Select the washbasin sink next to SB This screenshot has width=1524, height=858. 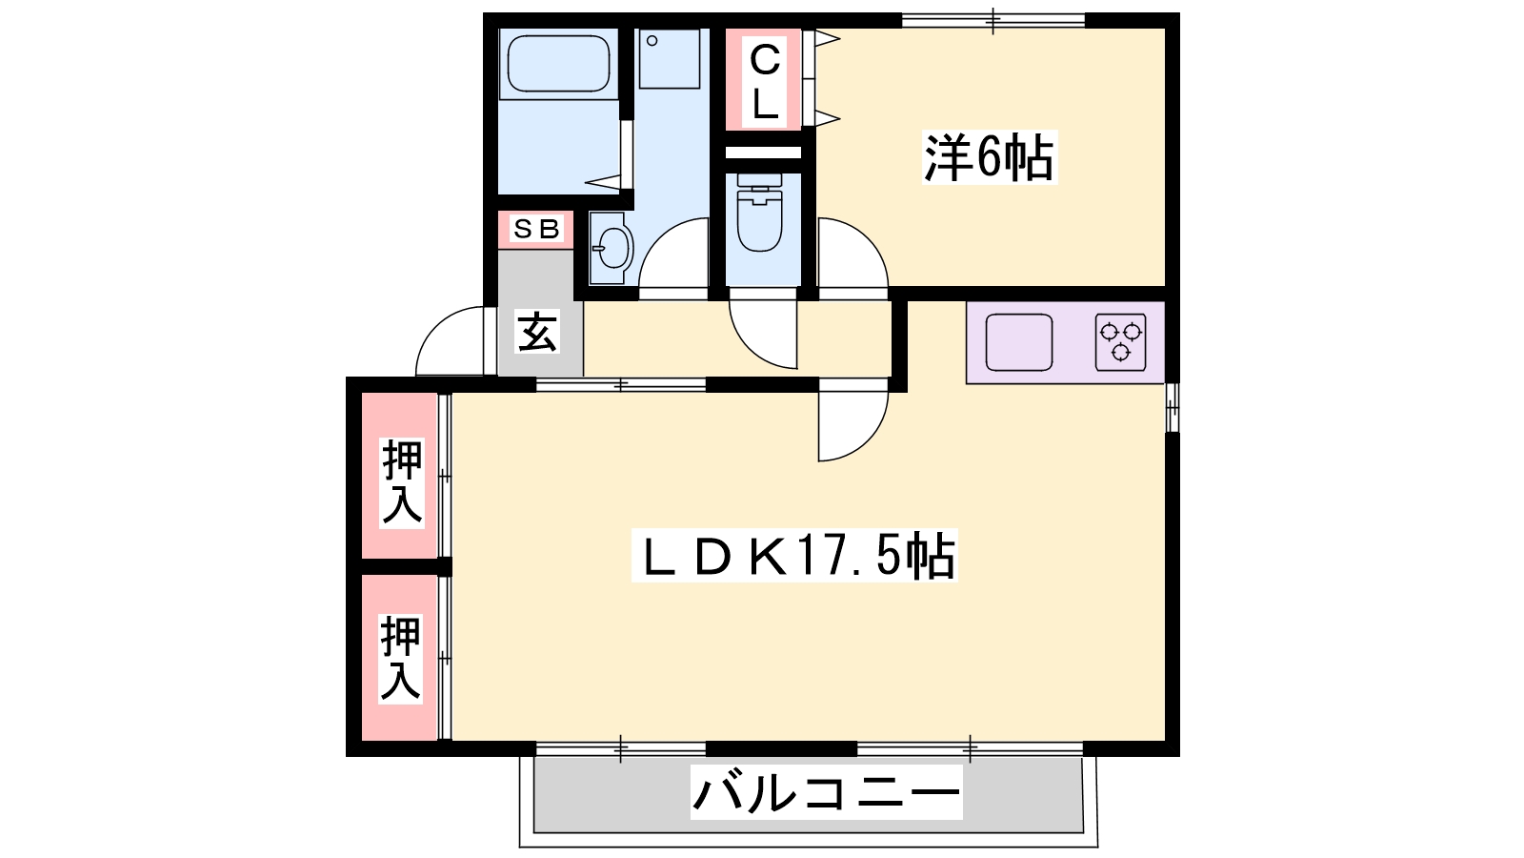click(610, 248)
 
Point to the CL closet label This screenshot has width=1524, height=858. click(764, 82)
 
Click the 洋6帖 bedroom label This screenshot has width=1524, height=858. click(989, 159)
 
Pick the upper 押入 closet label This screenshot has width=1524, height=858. click(401, 481)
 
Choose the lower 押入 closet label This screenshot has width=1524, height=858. click(401, 658)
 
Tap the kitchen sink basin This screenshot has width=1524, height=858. click(1018, 342)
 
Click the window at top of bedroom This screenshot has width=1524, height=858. click(993, 20)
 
